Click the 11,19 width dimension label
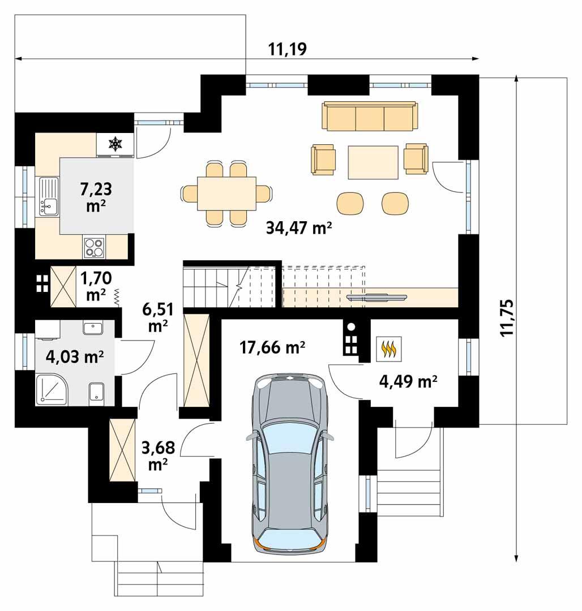287,49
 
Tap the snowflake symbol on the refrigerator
115,144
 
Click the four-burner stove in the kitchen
94,247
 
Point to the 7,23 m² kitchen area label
96,197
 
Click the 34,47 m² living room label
299,227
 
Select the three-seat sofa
370,116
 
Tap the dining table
226,193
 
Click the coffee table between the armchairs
373,162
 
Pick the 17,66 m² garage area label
272,347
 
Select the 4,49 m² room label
408,381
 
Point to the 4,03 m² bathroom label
75,356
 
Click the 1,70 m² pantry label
96,286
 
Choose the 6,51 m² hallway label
158,317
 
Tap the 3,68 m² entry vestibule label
159,455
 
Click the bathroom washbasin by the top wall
92,328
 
